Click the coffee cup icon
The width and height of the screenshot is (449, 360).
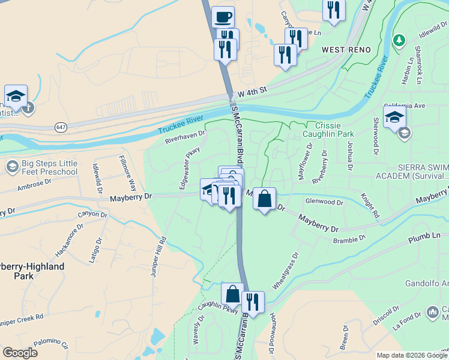pos(223,17)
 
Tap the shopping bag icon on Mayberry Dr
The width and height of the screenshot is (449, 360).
pos(264,199)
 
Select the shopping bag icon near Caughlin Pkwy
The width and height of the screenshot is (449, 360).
pos(232,295)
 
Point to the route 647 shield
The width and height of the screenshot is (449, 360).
pos(61,127)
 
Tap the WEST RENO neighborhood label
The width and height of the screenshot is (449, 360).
pos(346,49)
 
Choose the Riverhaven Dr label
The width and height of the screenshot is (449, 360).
pos(185,136)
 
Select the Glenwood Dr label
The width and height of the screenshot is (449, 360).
pos(324,203)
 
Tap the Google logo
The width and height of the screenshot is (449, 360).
pos(20,353)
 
